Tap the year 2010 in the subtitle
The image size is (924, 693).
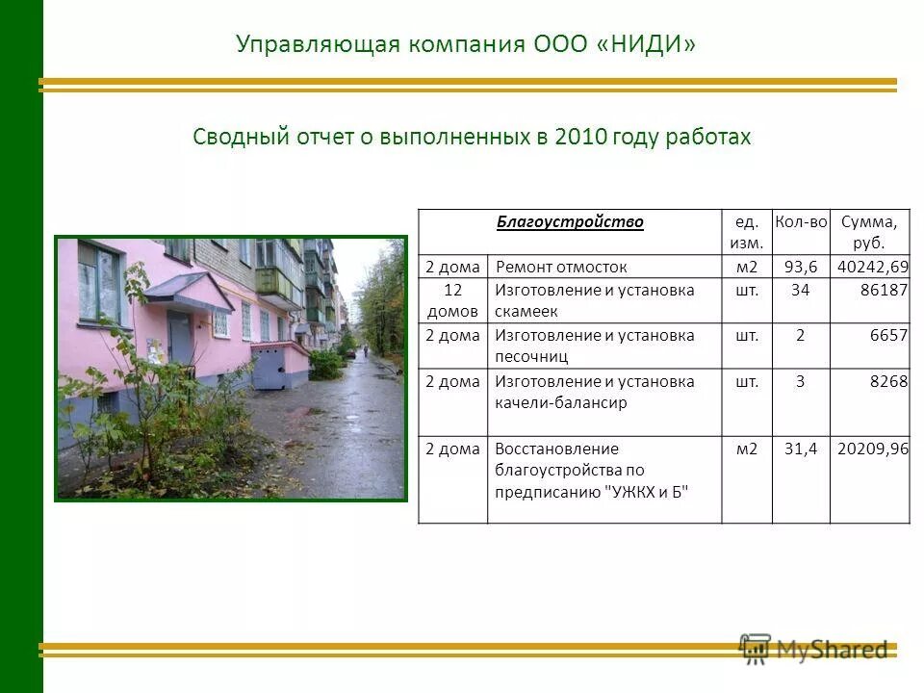click(x=580, y=137)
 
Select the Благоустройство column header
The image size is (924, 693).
click(x=570, y=222)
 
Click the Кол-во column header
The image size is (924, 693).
click(x=800, y=222)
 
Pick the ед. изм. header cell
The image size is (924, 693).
click(x=746, y=232)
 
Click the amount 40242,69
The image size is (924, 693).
click(x=872, y=268)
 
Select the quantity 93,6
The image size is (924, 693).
click(x=800, y=268)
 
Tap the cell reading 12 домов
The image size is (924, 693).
click(x=452, y=300)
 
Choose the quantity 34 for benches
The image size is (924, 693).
click(x=800, y=291)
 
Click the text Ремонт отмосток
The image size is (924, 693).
click(x=562, y=268)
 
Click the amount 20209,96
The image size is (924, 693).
click(x=872, y=449)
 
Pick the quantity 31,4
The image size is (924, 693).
click(x=800, y=449)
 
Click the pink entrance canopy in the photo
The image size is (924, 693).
click(x=188, y=289)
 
